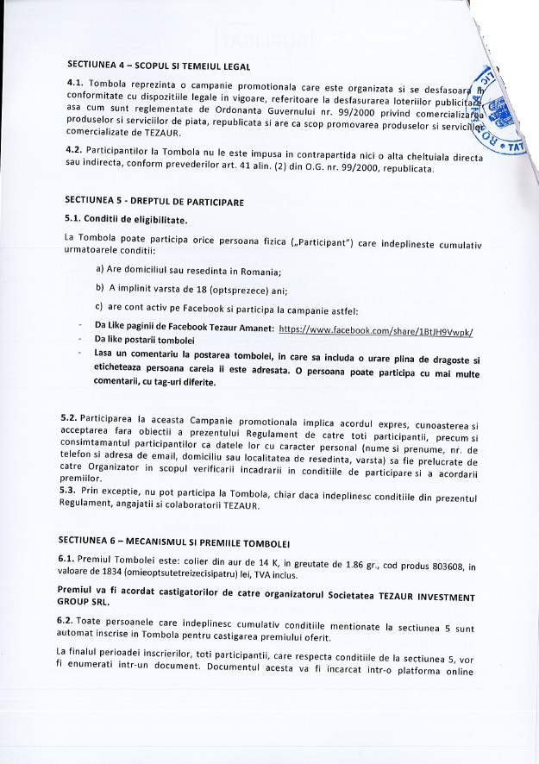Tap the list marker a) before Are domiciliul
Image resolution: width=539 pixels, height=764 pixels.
(101, 271)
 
